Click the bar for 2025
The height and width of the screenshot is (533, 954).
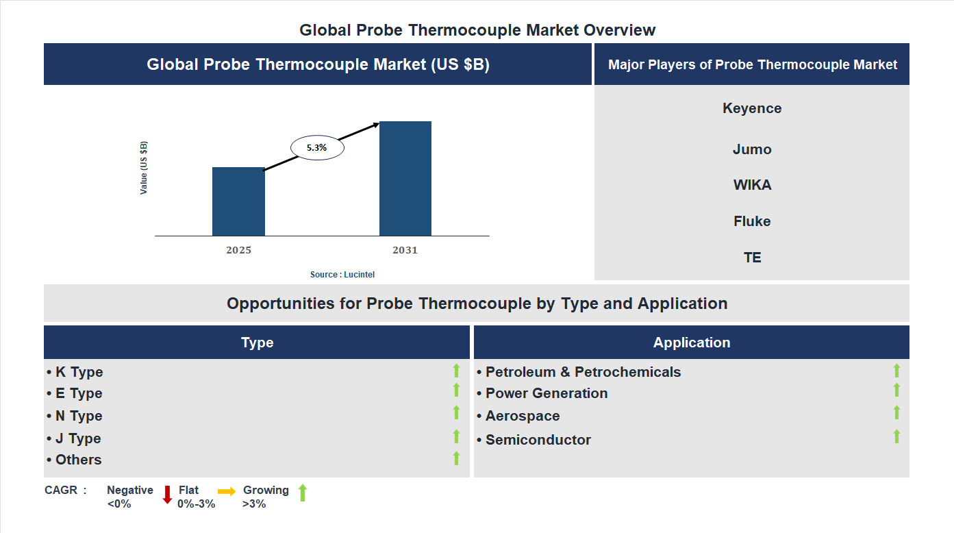[x=238, y=201]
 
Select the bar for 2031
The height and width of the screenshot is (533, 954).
[x=405, y=179]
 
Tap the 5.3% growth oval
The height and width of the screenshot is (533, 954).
[x=317, y=147]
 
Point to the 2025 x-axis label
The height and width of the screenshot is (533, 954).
[x=238, y=250]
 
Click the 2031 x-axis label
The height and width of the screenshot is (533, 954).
[x=405, y=250]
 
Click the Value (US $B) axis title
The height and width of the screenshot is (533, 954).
[x=144, y=168]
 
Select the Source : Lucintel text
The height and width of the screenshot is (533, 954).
[x=342, y=275]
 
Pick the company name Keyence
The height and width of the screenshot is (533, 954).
[x=752, y=108]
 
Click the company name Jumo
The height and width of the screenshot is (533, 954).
[x=752, y=149]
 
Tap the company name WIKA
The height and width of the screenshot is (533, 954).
[x=752, y=185]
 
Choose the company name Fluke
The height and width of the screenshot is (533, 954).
[x=752, y=221]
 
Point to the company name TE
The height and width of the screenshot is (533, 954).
[x=752, y=258]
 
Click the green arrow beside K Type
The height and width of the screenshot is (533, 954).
[x=456, y=371]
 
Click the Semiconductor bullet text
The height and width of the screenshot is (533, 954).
[x=538, y=440]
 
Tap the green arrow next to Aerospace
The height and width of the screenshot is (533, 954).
[x=896, y=412]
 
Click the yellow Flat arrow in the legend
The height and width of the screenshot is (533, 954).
[x=227, y=491]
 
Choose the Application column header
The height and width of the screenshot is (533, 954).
[x=692, y=343]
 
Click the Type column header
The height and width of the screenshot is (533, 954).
[x=257, y=343]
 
